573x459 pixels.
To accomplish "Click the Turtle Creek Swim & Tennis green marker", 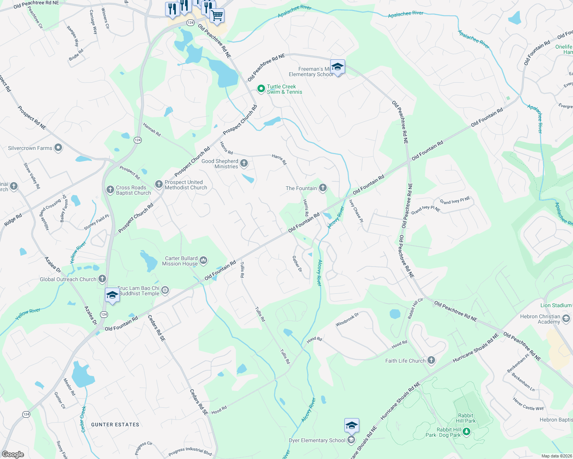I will point(261,89).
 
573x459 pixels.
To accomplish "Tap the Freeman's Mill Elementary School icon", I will point(337,67).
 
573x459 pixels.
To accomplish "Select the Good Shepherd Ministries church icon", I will point(244,164).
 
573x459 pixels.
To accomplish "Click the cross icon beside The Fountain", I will point(323,187).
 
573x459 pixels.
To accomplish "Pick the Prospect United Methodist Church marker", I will point(159,184).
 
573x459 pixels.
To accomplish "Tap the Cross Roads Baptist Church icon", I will point(110,189).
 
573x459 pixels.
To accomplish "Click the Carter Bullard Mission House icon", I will point(203,260).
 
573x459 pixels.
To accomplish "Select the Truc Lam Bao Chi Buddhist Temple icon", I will point(165,291).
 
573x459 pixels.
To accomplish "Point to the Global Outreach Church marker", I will point(102,279).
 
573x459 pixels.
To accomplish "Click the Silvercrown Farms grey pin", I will point(58,148).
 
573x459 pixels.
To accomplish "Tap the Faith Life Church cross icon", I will point(431,360).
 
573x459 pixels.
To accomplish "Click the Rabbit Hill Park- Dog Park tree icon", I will point(466,432).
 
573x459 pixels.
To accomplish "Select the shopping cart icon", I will point(217,16).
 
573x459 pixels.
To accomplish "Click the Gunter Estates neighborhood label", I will point(115,425).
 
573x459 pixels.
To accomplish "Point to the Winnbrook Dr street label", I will point(347,320).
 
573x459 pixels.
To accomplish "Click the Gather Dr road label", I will point(297,264).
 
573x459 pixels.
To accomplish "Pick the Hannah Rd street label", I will point(152,130).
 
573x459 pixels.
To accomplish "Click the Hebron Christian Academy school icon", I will point(566,319).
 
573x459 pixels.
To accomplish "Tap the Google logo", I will point(13,454).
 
